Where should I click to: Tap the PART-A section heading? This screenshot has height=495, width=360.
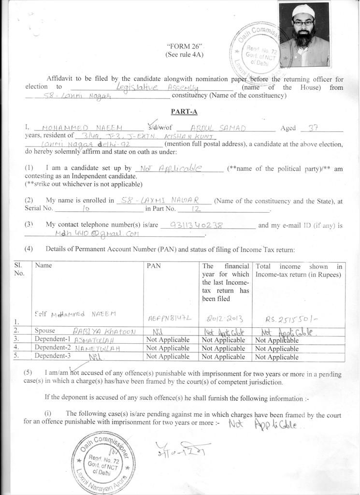pos(184,112)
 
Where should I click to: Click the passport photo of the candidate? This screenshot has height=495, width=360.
pos(304,35)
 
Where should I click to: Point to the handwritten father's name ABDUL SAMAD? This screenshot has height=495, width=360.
pos(218,128)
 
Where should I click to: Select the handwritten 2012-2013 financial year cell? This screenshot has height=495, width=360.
pos(225,319)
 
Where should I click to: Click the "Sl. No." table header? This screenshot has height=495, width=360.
pos(20,269)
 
